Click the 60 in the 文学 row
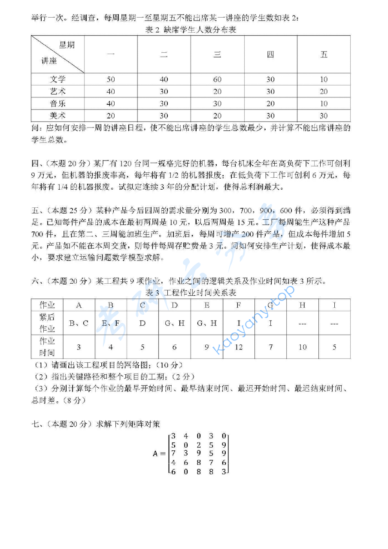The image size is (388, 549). tap(217, 79)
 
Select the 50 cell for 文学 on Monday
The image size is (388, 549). tap(111, 79)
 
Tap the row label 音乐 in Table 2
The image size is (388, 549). tap(58, 103)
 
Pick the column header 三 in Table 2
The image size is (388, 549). tap(217, 55)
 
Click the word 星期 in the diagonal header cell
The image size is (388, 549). tap(67, 45)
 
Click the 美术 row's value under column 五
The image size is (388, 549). tap(324, 115)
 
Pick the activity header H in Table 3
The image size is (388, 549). tap(303, 305)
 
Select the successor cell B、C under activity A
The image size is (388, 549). tap(79, 323)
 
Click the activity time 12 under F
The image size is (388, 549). tap(239, 347)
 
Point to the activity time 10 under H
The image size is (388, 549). tap(303, 347)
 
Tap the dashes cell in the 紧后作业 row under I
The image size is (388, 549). tap(334, 323)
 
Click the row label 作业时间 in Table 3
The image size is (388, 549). tap(47, 347)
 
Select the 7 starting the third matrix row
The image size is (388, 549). tap(173, 453)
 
